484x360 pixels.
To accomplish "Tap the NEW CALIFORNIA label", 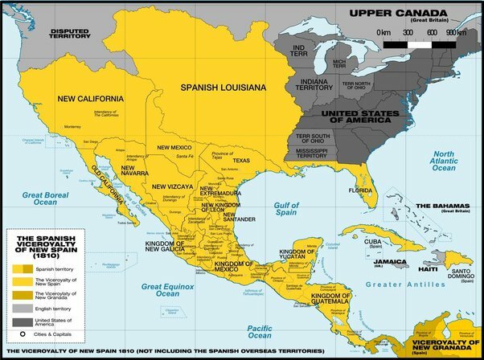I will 90,98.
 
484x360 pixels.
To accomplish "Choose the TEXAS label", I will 242,160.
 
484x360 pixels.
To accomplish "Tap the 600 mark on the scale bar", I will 432,33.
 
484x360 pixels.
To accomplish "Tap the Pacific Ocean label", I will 264,329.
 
